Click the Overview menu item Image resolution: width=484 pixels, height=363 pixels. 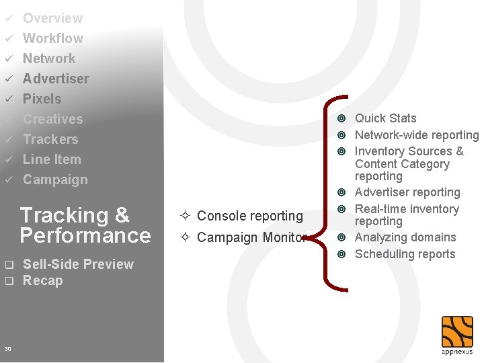(x=52, y=18)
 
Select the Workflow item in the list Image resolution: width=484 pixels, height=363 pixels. (x=53, y=38)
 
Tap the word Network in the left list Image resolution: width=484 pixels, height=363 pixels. (x=49, y=58)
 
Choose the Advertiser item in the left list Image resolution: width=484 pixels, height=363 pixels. (x=56, y=79)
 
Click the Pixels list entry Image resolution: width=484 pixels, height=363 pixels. (x=42, y=99)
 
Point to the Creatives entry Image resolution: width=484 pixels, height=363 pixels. (x=53, y=119)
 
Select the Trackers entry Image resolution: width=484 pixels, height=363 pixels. (x=50, y=139)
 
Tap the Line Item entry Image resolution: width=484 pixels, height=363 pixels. (x=52, y=159)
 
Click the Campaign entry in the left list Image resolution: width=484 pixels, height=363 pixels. (x=55, y=179)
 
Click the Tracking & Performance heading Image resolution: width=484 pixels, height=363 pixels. (x=85, y=225)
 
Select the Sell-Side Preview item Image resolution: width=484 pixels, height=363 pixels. (x=78, y=264)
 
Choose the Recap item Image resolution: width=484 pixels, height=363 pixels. (x=42, y=280)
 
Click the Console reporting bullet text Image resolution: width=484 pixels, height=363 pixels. (x=249, y=216)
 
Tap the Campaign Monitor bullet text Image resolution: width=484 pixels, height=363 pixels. (x=251, y=237)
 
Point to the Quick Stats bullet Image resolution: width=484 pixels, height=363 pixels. (x=385, y=118)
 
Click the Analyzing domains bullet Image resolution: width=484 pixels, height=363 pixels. (x=405, y=237)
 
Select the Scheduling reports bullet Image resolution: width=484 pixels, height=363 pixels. (x=405, y=254)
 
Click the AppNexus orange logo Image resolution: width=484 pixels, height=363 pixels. (x=457, y=332)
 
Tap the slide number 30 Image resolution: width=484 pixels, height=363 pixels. (x=7, y=348)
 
